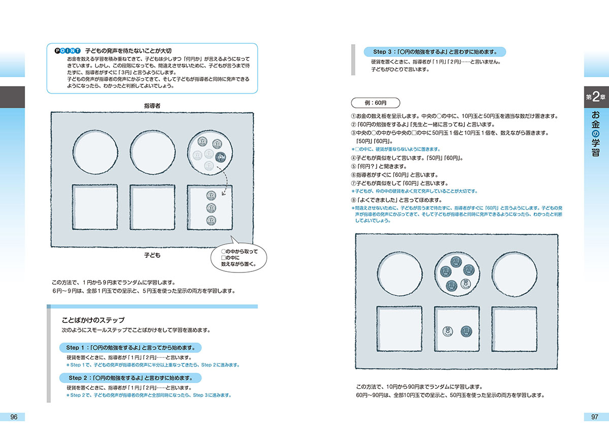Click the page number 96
tap(14, 417)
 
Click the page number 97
tap(595, 417)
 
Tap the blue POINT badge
tap(67, 51)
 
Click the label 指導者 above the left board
tap(152, 105)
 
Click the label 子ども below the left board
tap(152, 255)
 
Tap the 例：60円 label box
tap(376, 103)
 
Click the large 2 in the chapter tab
tap(597, 98)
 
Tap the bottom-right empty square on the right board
tap(514, 330)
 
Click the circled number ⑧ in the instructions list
tap(354, 200)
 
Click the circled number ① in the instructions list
tap(354, 116)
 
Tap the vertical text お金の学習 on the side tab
tap(596, 135)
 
